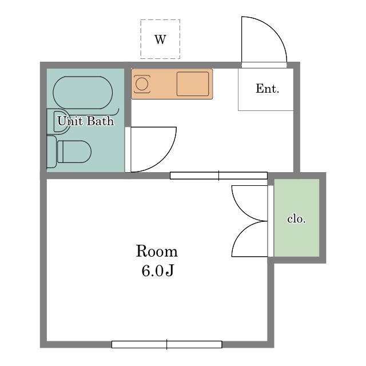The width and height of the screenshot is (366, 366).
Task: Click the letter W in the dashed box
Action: click(160, 39)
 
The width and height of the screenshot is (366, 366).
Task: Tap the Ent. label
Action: click(267, 89)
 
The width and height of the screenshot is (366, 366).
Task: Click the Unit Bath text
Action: click(86, 121)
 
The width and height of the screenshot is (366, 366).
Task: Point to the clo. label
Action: click(296, 219)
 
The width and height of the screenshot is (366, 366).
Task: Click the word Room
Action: click(157, 252)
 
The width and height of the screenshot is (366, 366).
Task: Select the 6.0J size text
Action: click(157, 270)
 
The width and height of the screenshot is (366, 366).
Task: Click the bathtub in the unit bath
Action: click(83, 93)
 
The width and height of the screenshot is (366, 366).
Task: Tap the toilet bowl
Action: click(74, 152)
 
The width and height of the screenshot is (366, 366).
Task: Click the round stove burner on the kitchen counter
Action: click(142, 84)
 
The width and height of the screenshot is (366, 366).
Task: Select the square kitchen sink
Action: click(193, 84)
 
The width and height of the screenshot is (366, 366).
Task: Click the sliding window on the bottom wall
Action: click(166, 344)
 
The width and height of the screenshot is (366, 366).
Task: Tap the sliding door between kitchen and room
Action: click(218, 176)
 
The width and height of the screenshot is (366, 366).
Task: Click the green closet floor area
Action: click(296, 218)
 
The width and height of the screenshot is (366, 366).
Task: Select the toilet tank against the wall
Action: click(51, 152)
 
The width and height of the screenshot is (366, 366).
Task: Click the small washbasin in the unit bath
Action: click(58, 121)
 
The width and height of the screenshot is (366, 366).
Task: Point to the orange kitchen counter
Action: click(172, 84)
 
